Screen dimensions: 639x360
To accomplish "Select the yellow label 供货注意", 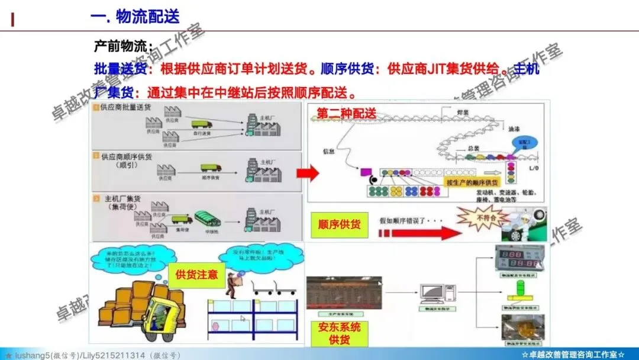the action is point(196,275).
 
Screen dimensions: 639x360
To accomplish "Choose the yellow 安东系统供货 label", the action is point(339,333).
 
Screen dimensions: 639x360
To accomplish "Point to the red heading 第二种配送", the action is point(346,113).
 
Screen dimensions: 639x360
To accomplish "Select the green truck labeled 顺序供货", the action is point(210,169).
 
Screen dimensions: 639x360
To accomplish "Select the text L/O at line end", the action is point(534,170).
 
